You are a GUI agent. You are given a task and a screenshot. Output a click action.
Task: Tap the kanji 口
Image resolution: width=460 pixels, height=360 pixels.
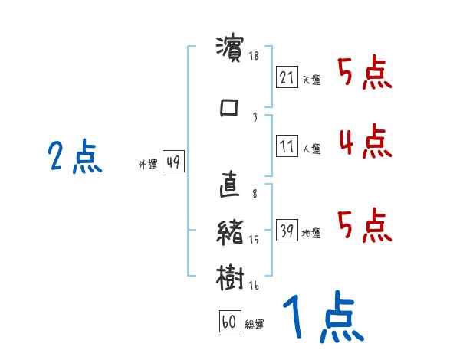coord(230,107)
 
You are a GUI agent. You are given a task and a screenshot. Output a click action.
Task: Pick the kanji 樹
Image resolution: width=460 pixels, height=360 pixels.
coord(230,276)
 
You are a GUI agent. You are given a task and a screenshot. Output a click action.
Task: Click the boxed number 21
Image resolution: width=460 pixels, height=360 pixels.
coord(287,77)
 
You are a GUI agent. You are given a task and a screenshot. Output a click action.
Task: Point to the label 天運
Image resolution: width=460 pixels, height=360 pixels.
coord(311,80)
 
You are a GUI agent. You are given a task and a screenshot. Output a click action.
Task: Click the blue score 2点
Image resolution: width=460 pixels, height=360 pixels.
coord(74,158)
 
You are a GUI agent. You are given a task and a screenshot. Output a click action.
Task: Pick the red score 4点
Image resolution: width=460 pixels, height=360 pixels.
coord(364,142)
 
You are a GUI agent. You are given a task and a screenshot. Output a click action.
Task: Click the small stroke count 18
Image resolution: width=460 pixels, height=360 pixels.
coord(255,57)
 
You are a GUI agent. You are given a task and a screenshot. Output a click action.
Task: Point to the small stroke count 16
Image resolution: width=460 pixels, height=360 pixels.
coord(253,286)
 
